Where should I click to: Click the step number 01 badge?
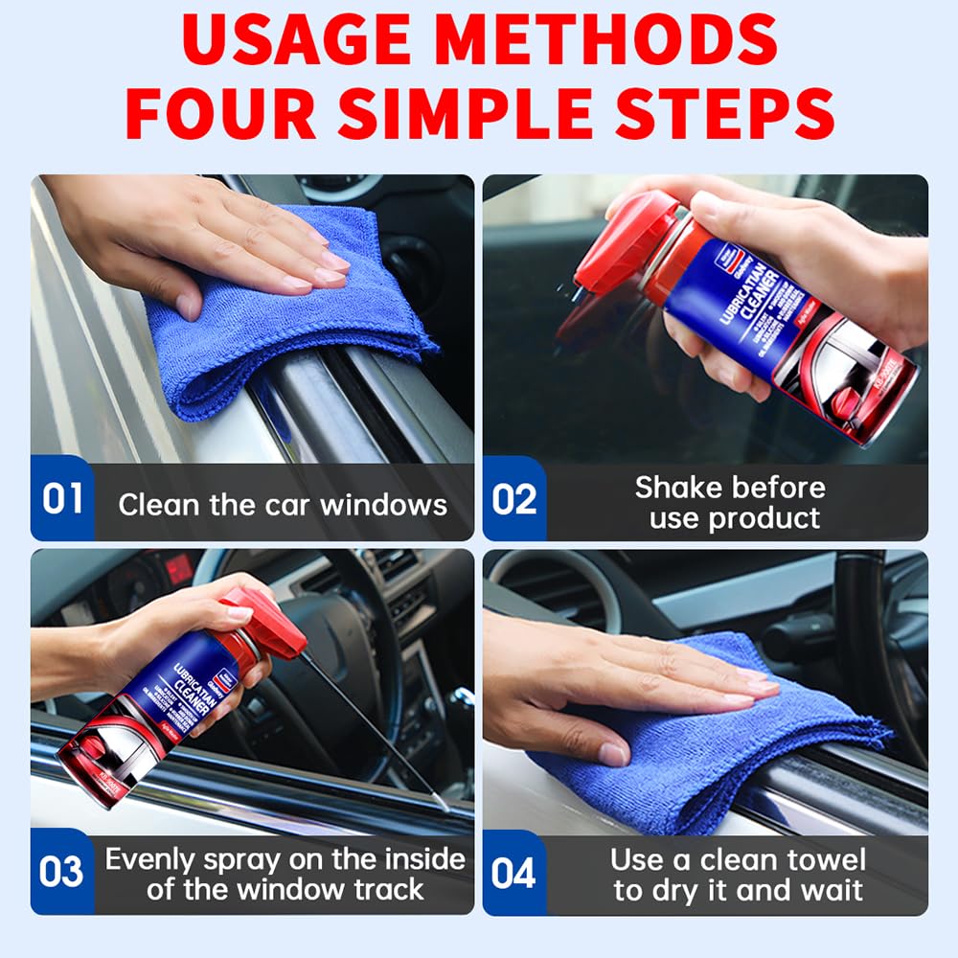62,499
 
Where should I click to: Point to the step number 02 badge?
514,499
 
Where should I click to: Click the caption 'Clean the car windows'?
283,505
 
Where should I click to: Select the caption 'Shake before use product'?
730,502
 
